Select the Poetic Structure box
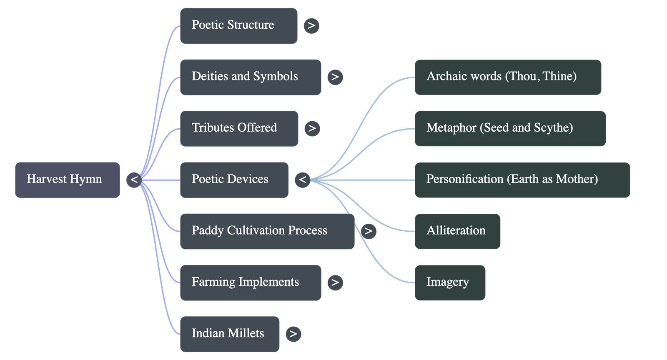(238, 25)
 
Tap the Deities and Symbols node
(250, 77)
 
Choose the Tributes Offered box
(239, 128)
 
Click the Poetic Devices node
(234, 180)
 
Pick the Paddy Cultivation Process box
(267, 231)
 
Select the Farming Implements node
(250, 282)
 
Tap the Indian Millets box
(230, 334)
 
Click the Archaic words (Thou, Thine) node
(508, 77)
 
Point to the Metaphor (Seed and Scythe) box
(510, 128)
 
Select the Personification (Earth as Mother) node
(522, 180)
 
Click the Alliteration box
(457, 231)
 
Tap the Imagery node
(450, 282)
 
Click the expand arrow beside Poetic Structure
(311, 25)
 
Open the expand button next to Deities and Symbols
(335, 77)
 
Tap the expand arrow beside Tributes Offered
(312, 128)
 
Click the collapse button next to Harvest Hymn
(134, 180)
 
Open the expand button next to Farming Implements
(335, 282)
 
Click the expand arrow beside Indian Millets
(293, 334)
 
